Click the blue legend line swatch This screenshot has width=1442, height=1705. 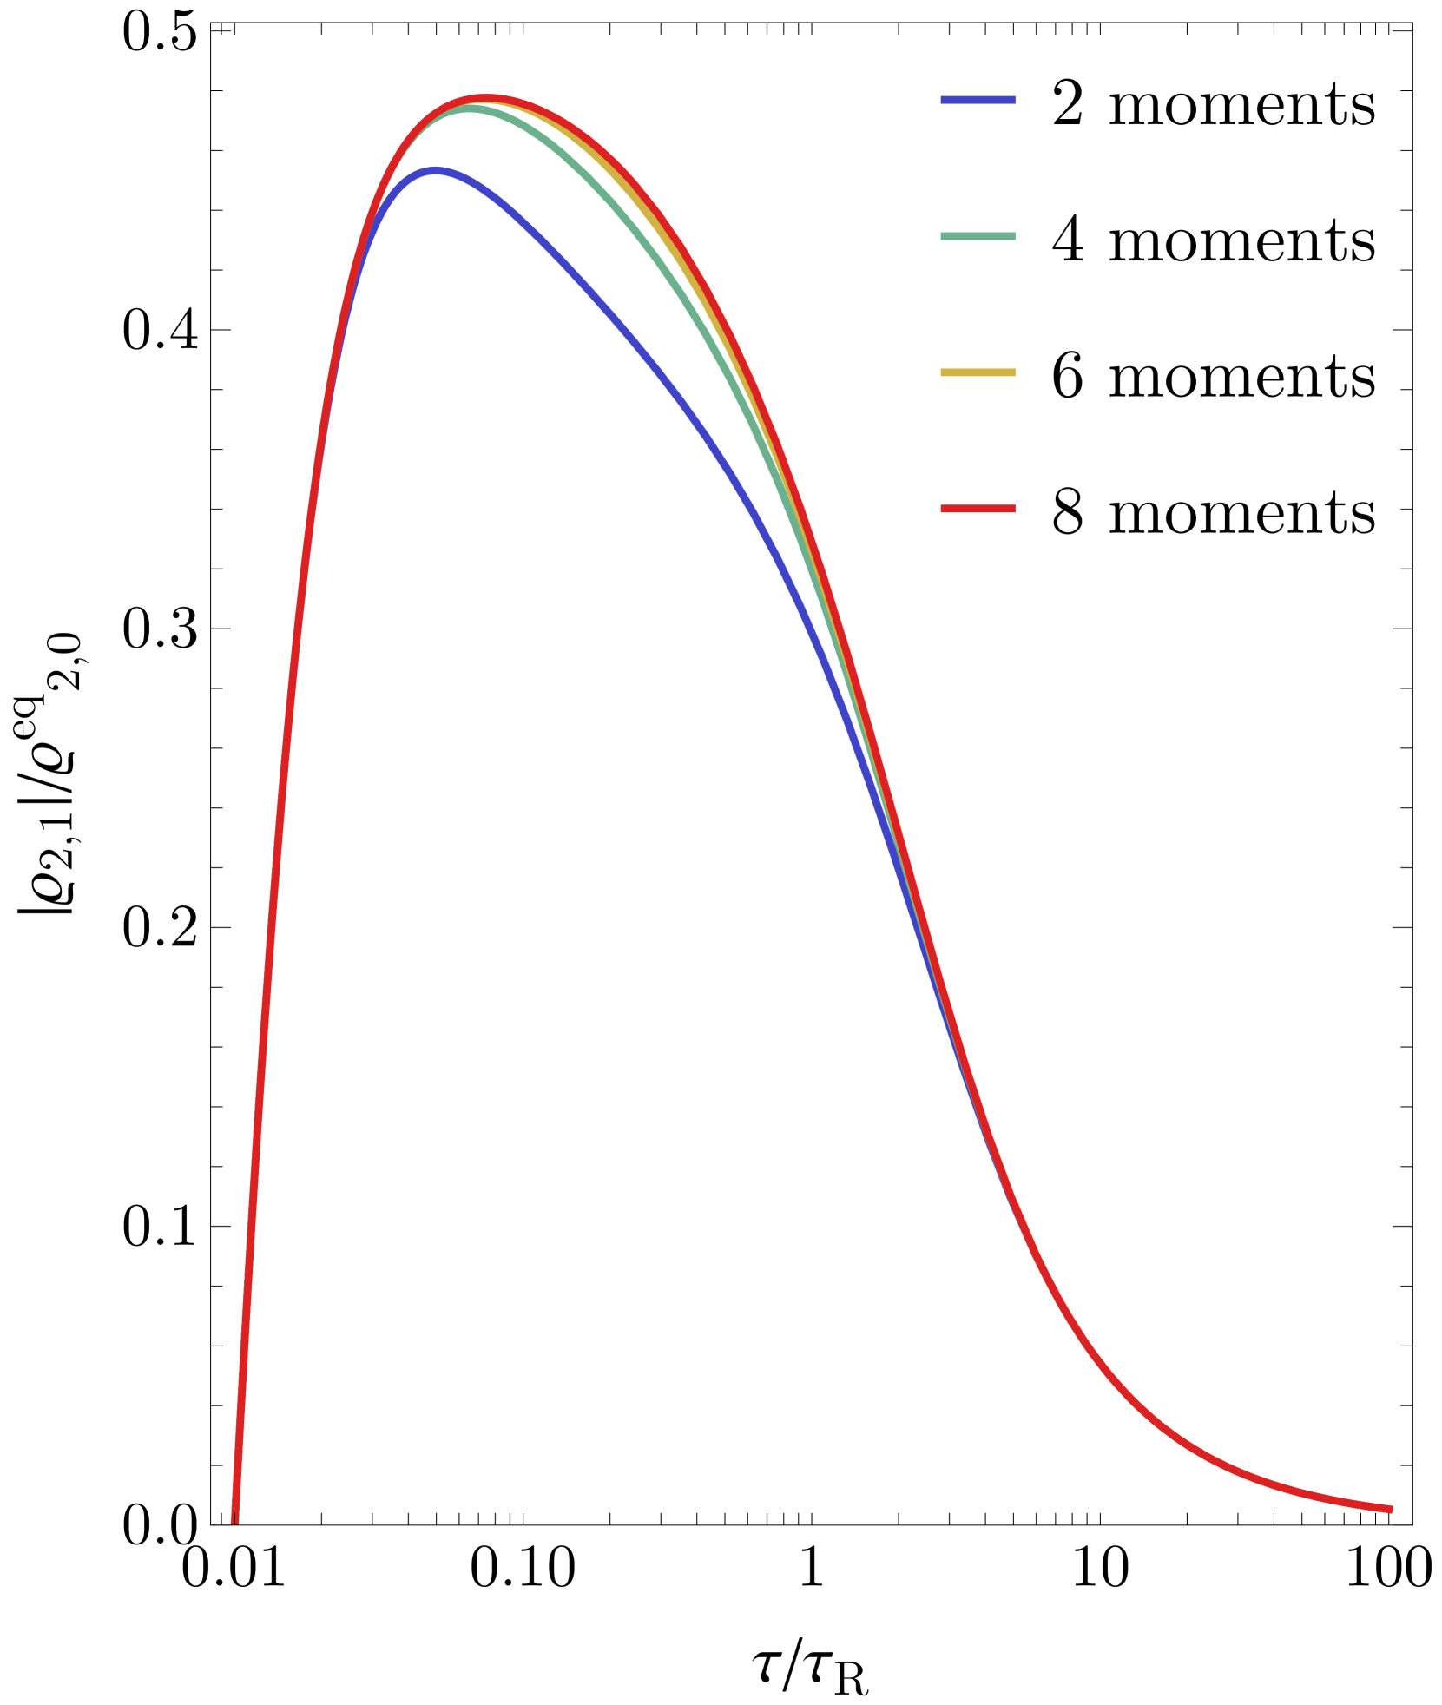click(x=978, y=100)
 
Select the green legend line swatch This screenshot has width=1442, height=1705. click(x=978, y=236)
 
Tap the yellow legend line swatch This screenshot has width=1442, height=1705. click(x=978, y=372)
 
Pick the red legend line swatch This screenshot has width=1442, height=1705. click(x=978, y=509)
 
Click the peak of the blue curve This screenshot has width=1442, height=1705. click(x=434, y=171)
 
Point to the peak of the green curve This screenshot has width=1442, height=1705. click(x=470, y=109)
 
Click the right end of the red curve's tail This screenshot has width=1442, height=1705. click(x=1392, y=1509)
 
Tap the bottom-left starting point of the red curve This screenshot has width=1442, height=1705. click(x=234, y=1521)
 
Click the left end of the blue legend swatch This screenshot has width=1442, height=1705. click(x=943, y=100)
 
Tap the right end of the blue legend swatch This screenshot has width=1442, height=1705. click(x=1014, y=100)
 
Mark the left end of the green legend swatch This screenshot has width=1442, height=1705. click(x=943, y=236)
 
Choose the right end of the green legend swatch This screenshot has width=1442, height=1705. click(x=1014, y=236)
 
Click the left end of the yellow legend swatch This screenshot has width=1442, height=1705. click(x=943, y=372)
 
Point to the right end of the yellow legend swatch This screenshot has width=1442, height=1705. click(x=1014, y=372)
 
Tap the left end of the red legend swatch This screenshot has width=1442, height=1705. click(x=943, y=509)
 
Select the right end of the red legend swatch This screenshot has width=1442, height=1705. click(x=1014, y=509)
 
